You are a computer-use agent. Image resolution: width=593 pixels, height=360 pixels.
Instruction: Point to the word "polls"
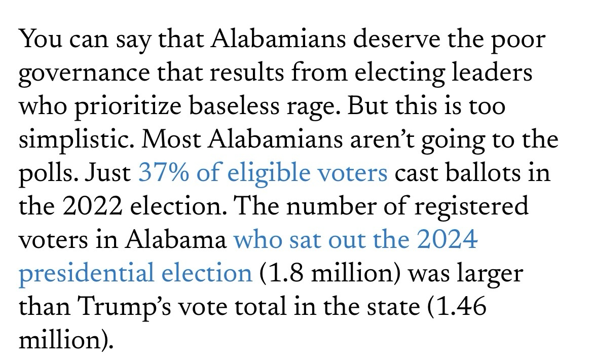(46, 174)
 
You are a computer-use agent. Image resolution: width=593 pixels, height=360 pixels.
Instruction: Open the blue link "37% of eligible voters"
(263, 174)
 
